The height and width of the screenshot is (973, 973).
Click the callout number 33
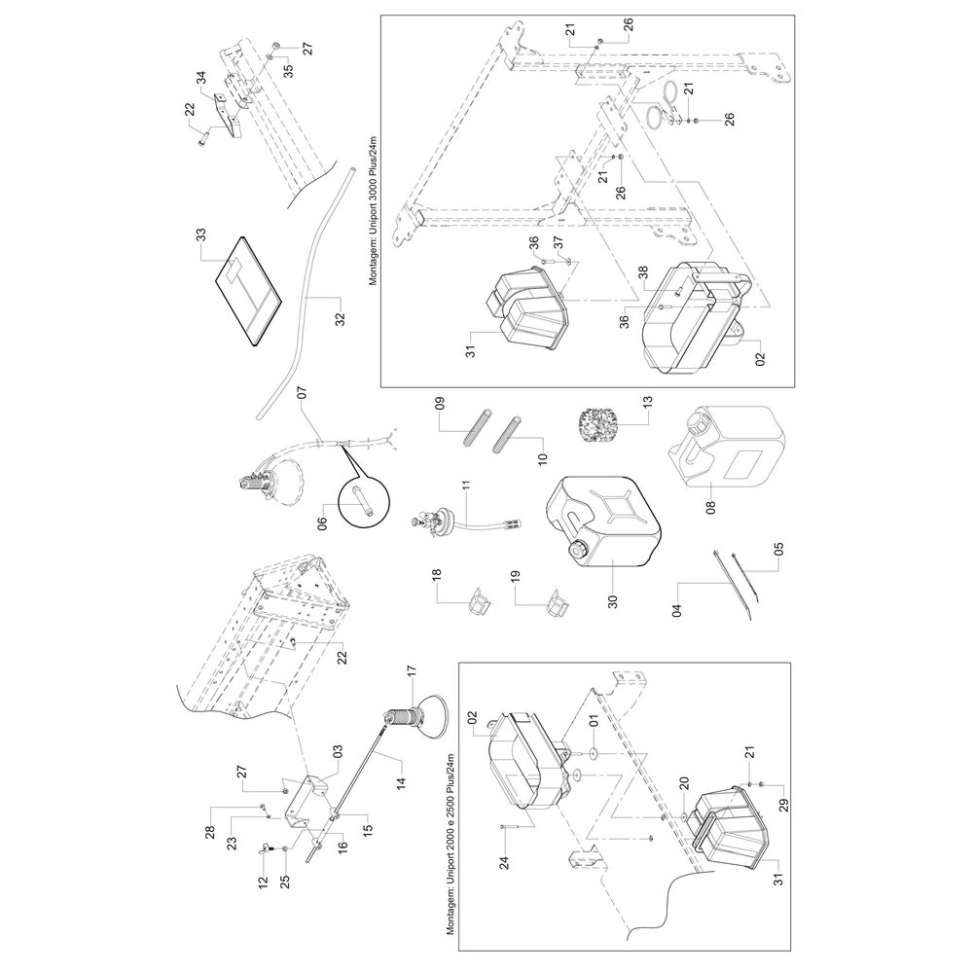(201, 236)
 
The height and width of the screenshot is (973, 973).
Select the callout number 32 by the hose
(340, 317)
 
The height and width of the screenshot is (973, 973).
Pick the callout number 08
(711, 506)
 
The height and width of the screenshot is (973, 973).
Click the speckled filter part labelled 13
(595, 425)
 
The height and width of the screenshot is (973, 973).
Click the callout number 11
(467, 484)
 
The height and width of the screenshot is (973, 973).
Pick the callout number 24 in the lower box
(504, 862)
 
